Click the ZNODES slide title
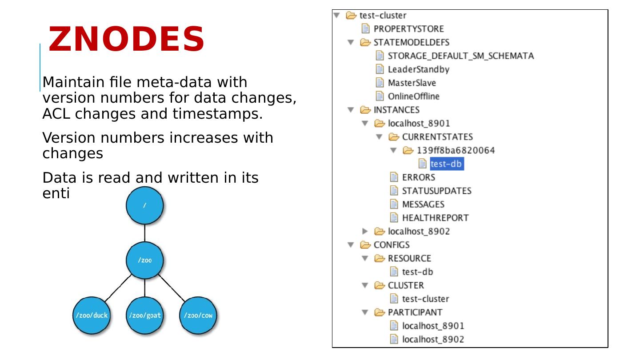126,40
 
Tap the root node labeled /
144,205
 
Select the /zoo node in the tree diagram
144,260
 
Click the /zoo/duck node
91,316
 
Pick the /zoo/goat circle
144,316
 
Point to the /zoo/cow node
198,316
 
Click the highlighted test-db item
446,164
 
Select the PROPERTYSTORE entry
408,29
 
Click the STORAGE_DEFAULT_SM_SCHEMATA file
460,56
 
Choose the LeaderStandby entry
418,69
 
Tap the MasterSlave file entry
412,83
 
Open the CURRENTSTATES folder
437,137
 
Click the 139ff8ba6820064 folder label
455,150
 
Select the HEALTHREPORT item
435,218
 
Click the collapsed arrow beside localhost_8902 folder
365,231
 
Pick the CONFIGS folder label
391,245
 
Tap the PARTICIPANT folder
415,312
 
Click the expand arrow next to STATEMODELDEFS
351,43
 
